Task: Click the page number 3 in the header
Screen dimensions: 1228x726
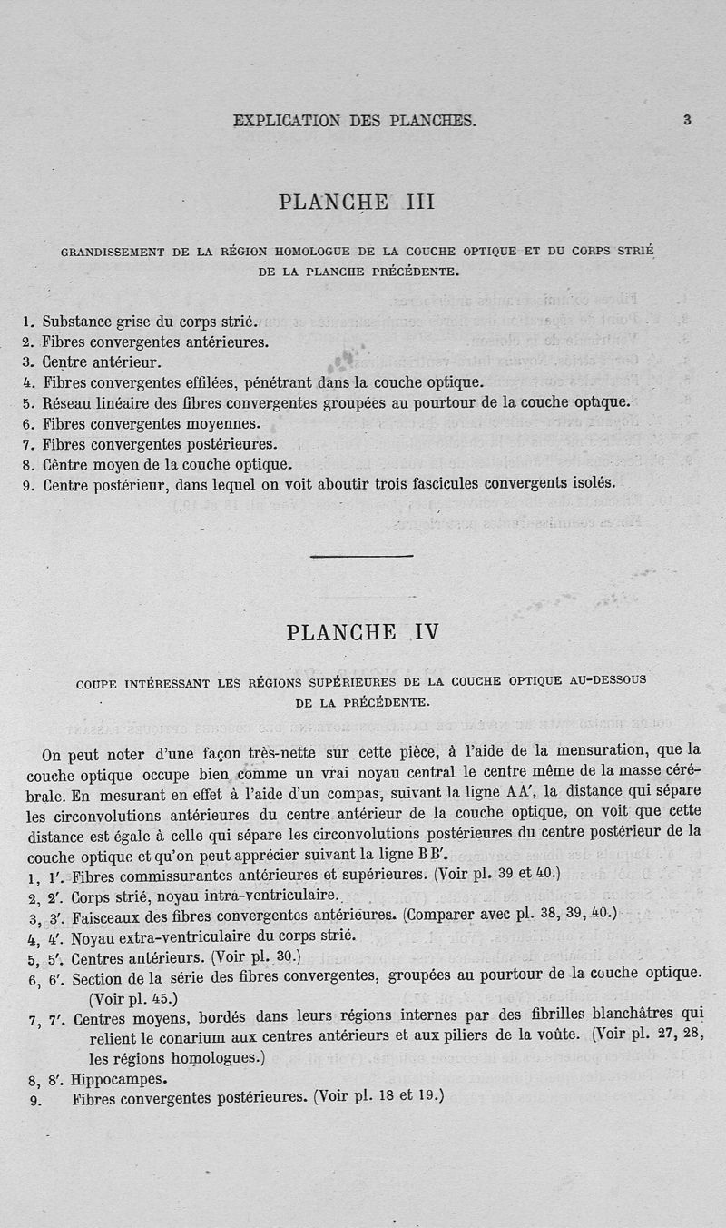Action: pos(688,119)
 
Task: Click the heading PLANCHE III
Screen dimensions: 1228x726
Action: pos(358,202)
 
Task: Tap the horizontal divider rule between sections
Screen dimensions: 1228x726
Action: pos(361,555)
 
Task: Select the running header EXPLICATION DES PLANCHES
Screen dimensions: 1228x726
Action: pos(355,120)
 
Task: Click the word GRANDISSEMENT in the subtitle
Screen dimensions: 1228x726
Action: pos(112,251)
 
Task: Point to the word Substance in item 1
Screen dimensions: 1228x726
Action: pos(77,322)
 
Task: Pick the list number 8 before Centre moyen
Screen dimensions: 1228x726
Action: pos(28,463)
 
